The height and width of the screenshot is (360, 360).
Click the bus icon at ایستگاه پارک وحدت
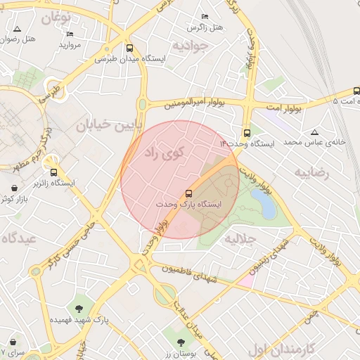point(188,193)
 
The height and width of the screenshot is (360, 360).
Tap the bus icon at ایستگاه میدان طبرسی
point(129,49)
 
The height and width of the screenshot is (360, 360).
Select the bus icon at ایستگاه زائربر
point(53,172)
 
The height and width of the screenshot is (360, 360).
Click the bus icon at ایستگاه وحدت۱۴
point(247,133)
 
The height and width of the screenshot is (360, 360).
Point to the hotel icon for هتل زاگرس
point(205,16)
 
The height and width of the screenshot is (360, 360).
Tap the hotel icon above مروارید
point(69,34)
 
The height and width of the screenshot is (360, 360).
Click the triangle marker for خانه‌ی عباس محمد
point(314,131)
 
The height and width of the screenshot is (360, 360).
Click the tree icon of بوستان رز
point(181,342)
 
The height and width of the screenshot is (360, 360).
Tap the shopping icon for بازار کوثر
point(15,188)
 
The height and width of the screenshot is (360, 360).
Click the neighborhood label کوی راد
point(164,151)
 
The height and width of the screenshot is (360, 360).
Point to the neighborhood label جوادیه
point(191,46)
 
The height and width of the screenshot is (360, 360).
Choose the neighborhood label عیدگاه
point(19,238)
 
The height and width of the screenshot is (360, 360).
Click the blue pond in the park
point(264,204)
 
